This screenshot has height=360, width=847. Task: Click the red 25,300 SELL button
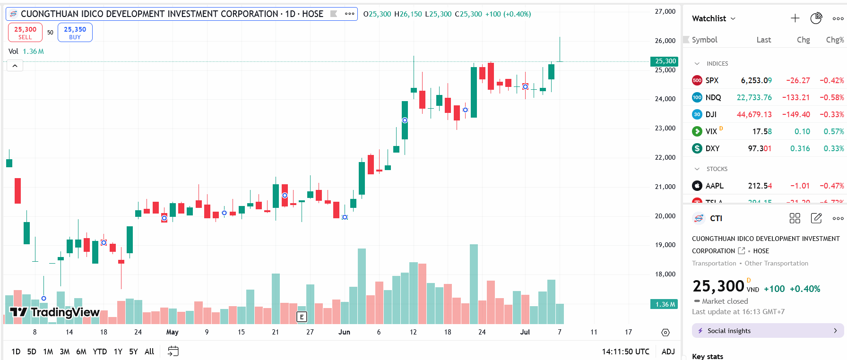tap(25, 33)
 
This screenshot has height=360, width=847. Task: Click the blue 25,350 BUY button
tap(75, 33)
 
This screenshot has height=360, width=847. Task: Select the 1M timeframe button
tap(48, 351)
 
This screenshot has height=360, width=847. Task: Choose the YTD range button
tap(100, 351)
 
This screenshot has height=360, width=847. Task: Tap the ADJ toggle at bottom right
tap(668, 351)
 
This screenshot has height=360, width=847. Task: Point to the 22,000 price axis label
tap(665, 157)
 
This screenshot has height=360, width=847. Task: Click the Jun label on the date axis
tap(344, 332)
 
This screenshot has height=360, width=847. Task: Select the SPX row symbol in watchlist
tap(711, 80)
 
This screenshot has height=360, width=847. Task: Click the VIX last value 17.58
tap(761, 131)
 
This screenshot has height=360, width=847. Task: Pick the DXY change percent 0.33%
tap(833, 148)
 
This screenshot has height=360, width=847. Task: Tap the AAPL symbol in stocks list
tap(714, 186)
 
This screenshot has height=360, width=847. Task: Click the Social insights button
tap(767, 331)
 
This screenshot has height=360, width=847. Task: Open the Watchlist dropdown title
tap(713, 18)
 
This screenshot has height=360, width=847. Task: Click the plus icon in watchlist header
tap(795, 18)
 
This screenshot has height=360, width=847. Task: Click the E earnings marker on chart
tap(302, 317)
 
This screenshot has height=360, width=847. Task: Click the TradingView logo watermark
tap(55, 312)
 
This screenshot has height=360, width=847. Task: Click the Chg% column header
tap(834, 40)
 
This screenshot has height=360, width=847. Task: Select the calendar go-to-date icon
tap(173, 351)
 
